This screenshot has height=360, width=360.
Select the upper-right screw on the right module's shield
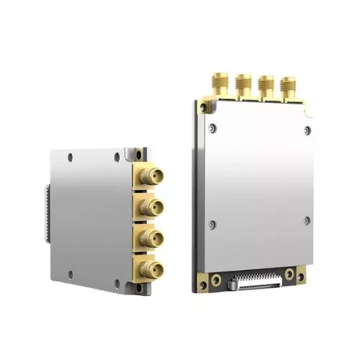click(307, 130)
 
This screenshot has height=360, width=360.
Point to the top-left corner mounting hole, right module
click(205, 107)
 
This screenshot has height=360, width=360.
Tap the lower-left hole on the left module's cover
click(71, 271)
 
